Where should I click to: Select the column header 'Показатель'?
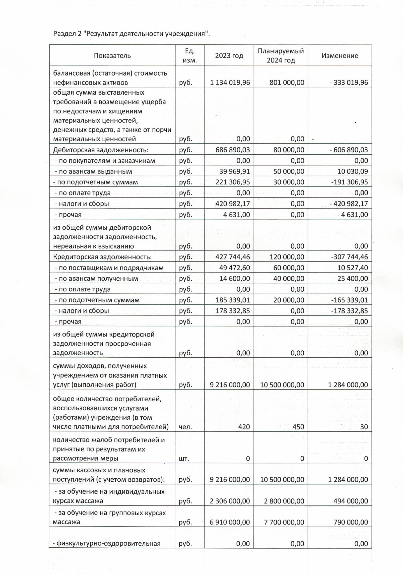[x=112, y=55]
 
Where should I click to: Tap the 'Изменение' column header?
[x=340, y=55]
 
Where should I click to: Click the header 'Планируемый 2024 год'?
[x=281, y=55]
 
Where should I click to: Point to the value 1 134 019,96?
[x=230, y=82]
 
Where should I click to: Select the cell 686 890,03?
[x=233, y=150]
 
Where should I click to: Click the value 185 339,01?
[x=233, y=300]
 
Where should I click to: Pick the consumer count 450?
[x=298, y=427]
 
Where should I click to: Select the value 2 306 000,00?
[x=230, y=501]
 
